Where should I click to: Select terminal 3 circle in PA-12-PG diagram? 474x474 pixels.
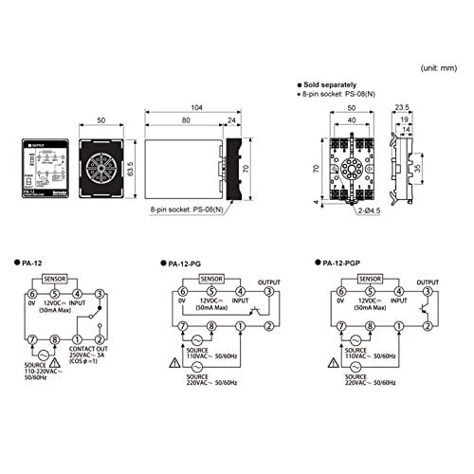(x=268, y=293)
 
